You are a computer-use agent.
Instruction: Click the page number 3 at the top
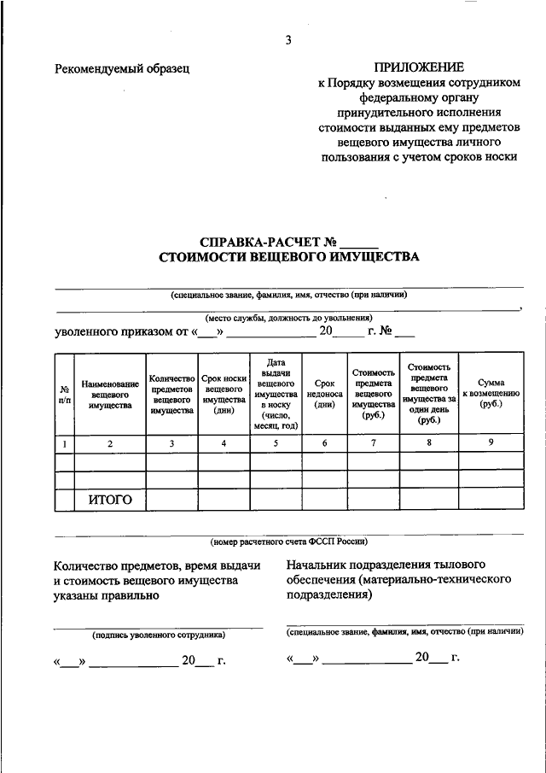tap(288, 40)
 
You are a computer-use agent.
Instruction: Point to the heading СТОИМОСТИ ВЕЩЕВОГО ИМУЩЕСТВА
tap(288, 256)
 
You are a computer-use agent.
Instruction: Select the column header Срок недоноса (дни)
tap(324, 395)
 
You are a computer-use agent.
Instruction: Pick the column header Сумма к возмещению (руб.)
tap(491, 395)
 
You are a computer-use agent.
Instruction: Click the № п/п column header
tap(65, 395)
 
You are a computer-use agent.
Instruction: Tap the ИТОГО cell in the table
tap(110, 500)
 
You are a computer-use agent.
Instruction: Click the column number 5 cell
tap(276, 443)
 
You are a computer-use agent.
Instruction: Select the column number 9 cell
tap(491, 442)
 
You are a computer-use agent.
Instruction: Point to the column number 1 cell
tap(65, 443)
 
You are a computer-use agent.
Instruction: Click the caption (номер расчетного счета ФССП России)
tap(288, 542)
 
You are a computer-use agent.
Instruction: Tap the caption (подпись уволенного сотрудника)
tap(158, 635)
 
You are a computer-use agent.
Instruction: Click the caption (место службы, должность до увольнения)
tap(288, 317)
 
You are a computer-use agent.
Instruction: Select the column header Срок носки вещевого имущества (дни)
tap(224, 395)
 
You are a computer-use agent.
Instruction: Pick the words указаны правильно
tap(106, 596)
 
